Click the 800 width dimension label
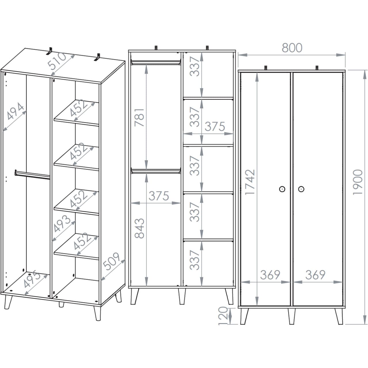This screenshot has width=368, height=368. point(292,48)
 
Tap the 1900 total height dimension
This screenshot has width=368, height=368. point(357,182)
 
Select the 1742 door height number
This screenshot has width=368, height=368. point(250,182)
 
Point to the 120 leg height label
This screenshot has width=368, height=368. point(223,315)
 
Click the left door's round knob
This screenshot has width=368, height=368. point(282,189)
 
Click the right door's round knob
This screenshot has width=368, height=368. point(301,189)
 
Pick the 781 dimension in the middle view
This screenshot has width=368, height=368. point(139,118)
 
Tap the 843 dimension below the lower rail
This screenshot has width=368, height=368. point(139,228)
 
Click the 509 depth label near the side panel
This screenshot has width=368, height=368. point(111,261)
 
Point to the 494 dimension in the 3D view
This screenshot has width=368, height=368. point(15,111)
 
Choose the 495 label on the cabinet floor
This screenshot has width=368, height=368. point(32,279)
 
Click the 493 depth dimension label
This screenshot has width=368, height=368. point(62,224)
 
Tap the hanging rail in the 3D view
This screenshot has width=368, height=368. point(32,175)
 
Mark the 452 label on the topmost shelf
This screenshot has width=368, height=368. point(78,108)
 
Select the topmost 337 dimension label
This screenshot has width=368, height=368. point(194,66)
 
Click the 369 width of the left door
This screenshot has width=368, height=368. point(270,275)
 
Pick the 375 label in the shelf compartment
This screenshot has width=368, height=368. point(215,126)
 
